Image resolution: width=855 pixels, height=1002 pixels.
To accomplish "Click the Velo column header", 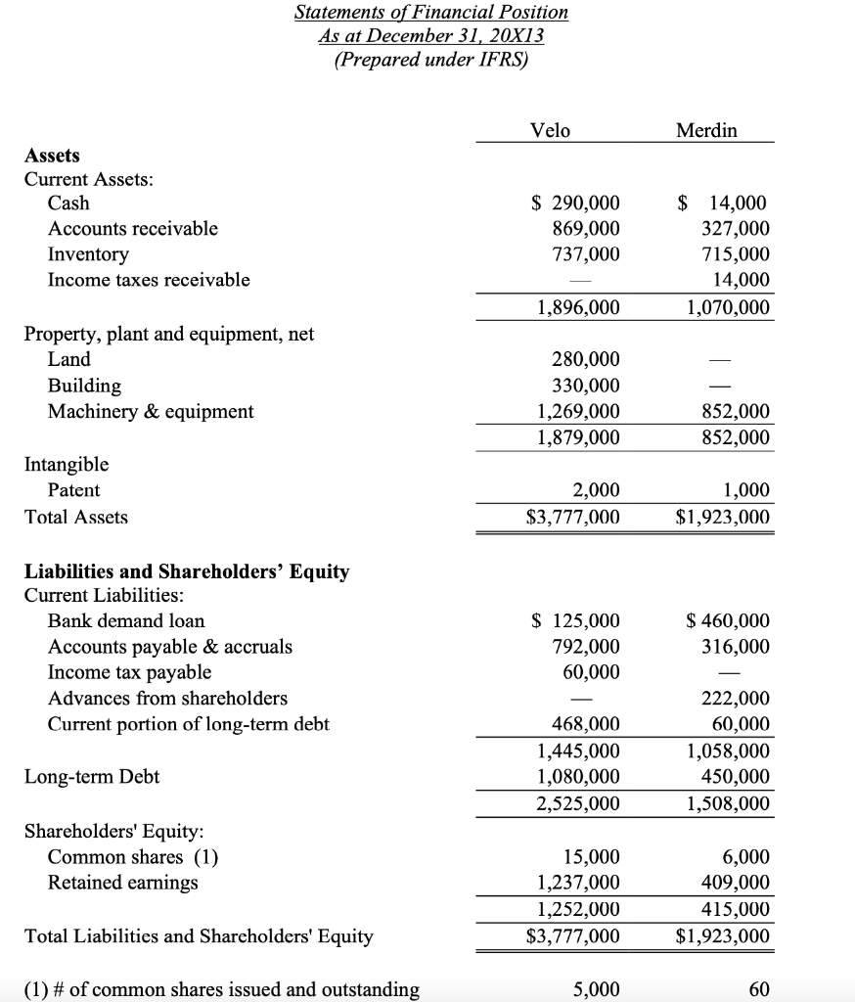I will coord(549,130).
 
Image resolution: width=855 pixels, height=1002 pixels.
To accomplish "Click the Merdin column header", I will coord(706,130).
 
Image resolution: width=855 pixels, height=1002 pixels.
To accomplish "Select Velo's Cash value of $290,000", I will coord(575,204).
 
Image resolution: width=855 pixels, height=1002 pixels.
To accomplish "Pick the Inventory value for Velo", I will coord(584,254).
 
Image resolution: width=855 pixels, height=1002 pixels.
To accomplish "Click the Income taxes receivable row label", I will coord(149,280).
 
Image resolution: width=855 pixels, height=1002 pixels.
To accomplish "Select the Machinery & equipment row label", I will coord(151,412).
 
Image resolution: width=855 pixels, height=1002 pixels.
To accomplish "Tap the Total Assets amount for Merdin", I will coord(722,517).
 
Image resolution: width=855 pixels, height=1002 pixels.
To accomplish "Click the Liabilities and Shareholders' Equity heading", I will coord(186,571).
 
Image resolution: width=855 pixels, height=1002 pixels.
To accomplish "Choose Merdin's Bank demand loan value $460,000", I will coord(728,621).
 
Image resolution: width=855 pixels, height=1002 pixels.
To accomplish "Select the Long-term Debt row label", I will coord(92,777).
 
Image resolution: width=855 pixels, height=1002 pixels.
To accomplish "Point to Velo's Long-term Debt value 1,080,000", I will coord(578,777).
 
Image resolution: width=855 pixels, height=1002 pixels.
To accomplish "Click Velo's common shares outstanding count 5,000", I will coord(597,989).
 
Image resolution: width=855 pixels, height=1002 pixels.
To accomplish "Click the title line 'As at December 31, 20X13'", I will coord(431,36).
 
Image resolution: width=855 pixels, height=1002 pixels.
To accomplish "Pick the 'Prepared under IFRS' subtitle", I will coord(430,60).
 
